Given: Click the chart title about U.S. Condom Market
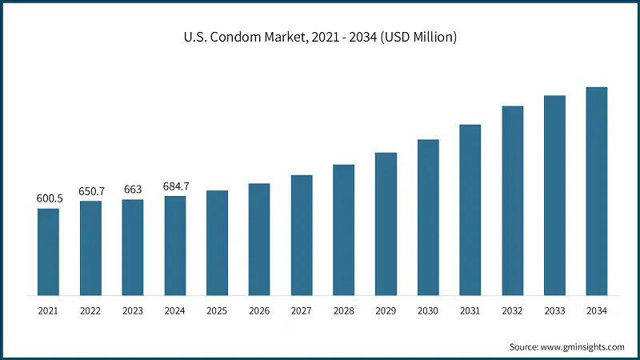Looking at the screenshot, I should (320, 37).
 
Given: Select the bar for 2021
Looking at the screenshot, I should (48, 252).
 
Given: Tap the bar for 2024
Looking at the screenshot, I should (175, 246).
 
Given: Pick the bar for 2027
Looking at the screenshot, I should (302, 235).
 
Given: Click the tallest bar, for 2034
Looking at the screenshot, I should (597, 191).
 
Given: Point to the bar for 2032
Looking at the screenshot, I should (513, 201).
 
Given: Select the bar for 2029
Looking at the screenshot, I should (386, 224).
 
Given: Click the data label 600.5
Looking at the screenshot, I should (49, 198).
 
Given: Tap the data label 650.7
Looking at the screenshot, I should (91, 190).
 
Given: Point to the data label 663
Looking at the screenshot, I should (133, 189).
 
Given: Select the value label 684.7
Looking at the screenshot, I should (175, 186).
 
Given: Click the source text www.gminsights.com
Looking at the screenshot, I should (567, 346).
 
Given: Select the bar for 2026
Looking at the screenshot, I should (259, 239).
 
